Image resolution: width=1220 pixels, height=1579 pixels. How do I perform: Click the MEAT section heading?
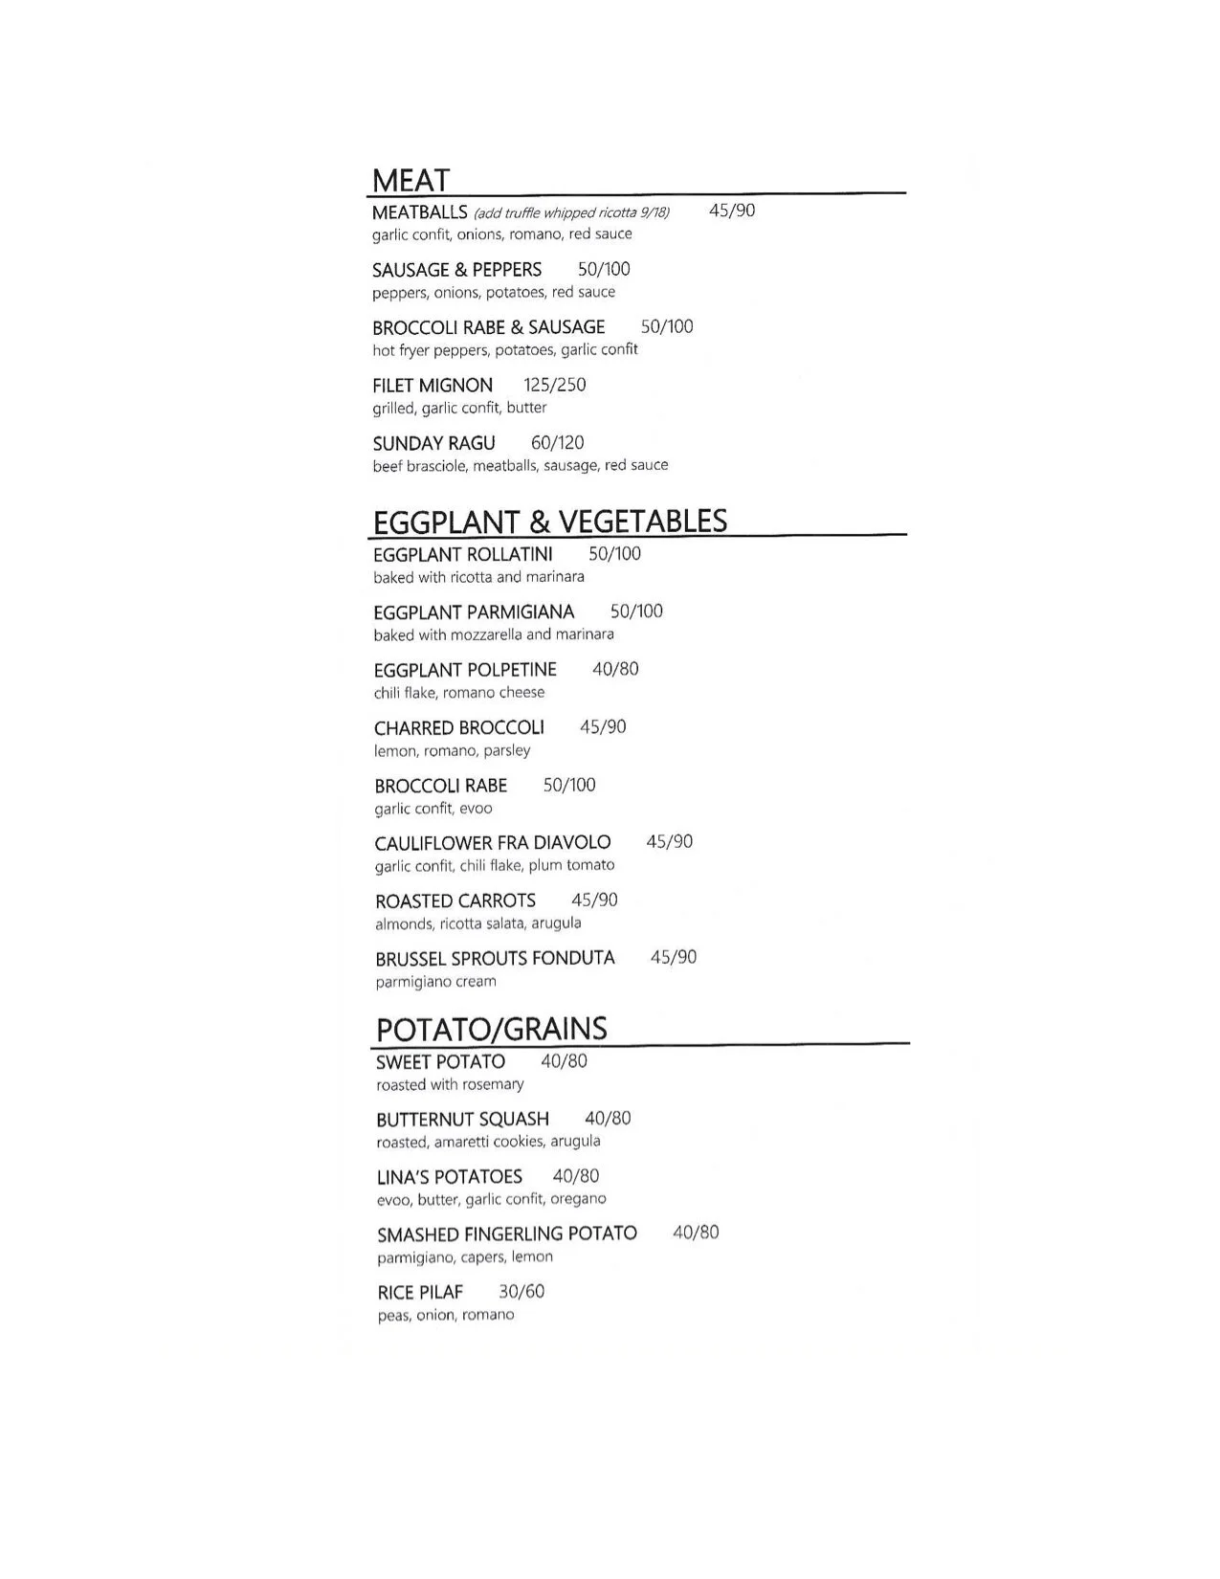(x=410, y=181)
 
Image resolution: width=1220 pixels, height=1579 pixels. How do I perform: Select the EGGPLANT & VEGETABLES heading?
(x=550, y=522)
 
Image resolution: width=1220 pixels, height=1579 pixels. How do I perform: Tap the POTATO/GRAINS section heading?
(x=492, y=1030)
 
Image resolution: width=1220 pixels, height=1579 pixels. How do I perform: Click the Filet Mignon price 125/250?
(x=555, y=386)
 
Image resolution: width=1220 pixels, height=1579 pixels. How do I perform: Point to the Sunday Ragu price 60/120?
(x=558, y=443)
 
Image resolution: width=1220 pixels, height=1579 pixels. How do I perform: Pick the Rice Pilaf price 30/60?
(x=521, y=1292)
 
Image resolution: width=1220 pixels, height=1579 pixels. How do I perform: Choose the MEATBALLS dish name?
(x=419, y=212)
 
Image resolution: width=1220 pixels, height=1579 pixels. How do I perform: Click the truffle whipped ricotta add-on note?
(x=571, y=213)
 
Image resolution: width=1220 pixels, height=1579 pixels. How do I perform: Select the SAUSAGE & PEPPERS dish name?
(x=456, y=270)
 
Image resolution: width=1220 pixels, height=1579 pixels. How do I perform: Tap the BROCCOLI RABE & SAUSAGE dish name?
(x=488, y=327)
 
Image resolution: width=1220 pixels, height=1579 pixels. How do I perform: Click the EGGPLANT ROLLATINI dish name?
(x=463, y=555)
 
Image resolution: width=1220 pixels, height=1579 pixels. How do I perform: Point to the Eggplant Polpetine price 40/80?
(x=615, y=670)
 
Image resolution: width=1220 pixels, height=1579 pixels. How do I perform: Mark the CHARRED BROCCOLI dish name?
(x=459, y=728)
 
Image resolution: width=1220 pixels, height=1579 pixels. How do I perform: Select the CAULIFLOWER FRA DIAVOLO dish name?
(x=493, y=843)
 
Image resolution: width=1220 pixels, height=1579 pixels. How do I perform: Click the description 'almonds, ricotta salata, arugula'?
(x=478, y=923)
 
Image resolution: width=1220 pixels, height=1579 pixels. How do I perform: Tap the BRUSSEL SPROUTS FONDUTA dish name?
(x=495, y=959)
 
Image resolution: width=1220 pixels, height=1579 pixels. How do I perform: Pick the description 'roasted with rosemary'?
(x=450, y=1085)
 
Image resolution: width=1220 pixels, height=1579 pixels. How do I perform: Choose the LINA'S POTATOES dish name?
(x=450, y=1177)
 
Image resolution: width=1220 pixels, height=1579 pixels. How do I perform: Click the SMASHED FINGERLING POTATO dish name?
(x=507, y=1234)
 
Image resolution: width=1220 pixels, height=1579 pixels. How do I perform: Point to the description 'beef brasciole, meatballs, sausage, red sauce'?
(x=521, y=466)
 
